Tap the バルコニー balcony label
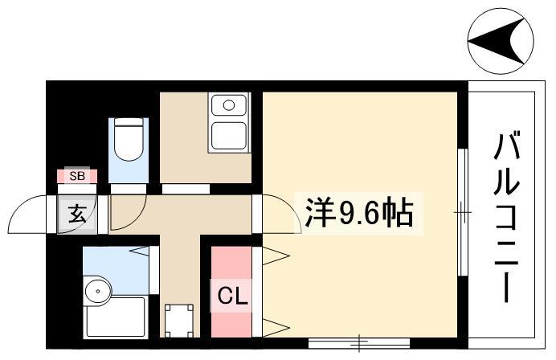coord(507,216)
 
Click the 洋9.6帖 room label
coord(359,214)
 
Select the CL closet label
coord(232,296)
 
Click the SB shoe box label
coord(77,176)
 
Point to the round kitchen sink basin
coord(229,104)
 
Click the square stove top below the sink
coord(229,136)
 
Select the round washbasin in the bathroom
coord(98,291)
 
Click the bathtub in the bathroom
coord(115,317)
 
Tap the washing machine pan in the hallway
coord(179,321)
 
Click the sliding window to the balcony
coord(462,212)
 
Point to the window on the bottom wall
coord(359,343)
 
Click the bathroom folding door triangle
coord(140,251)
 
